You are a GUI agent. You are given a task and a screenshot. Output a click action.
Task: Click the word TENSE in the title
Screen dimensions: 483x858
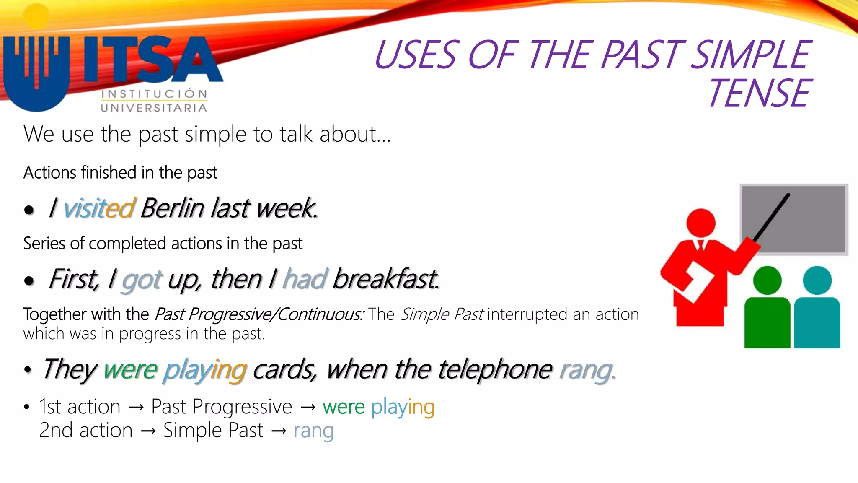point(759,93)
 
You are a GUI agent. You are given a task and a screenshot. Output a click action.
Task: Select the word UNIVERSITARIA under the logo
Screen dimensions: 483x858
point(154,108)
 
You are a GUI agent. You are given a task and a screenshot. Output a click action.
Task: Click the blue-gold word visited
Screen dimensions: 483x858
point(99,208)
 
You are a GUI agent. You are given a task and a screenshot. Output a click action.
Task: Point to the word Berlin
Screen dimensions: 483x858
point(172,208)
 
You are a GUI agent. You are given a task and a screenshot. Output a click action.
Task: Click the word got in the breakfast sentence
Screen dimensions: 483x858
point(141,280)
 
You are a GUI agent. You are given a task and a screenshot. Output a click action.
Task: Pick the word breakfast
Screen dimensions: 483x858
point(385,279)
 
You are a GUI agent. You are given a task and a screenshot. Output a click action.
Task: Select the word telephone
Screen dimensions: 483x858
point(495,369)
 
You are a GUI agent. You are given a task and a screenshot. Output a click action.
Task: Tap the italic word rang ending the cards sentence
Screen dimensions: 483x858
point(587,370)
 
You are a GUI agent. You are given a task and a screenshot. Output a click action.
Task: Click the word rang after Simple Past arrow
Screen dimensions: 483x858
point(313,431)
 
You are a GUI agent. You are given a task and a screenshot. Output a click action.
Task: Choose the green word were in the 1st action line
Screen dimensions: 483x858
point(344,407)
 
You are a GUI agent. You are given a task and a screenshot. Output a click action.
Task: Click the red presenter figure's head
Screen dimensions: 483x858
point(700,223)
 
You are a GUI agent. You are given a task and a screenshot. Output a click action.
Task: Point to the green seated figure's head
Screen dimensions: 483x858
point(767,280)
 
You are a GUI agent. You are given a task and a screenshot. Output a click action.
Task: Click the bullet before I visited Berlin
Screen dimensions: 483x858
point(29,210)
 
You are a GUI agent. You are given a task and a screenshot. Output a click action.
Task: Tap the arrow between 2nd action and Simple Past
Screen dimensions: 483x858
point(148,431)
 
